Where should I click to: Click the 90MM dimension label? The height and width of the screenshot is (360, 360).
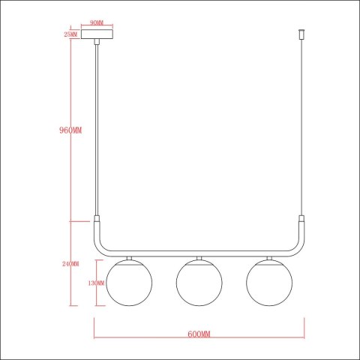pos(97,23)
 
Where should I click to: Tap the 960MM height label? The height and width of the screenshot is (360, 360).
pos(70,130)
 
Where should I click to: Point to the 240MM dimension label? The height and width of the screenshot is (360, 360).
pos(71,263)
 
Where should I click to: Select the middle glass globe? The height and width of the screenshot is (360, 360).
pos(198,283)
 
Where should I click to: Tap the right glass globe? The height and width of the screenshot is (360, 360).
pos(268,283)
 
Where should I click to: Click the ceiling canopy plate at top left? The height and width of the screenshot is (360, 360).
pos(97,35)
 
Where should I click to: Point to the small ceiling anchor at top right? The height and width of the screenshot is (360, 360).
pos(301,35)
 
